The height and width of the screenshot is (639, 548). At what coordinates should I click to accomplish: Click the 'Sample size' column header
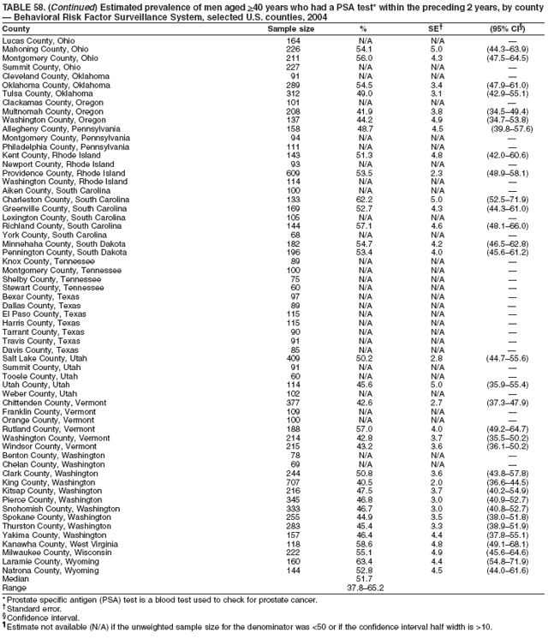(290, 29)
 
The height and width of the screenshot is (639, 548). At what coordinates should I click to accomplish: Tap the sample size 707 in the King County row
(293, 481)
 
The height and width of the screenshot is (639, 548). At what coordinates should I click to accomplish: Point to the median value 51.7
(364, 578)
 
